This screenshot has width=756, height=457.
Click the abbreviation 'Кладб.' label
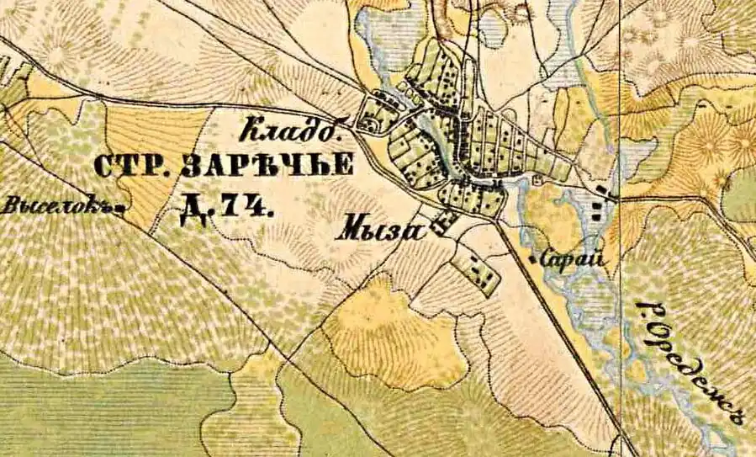point(291,132)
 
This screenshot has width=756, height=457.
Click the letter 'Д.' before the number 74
point(193,210)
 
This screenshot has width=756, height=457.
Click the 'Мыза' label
point(380,229)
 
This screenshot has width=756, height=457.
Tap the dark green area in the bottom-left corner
point(101,412)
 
